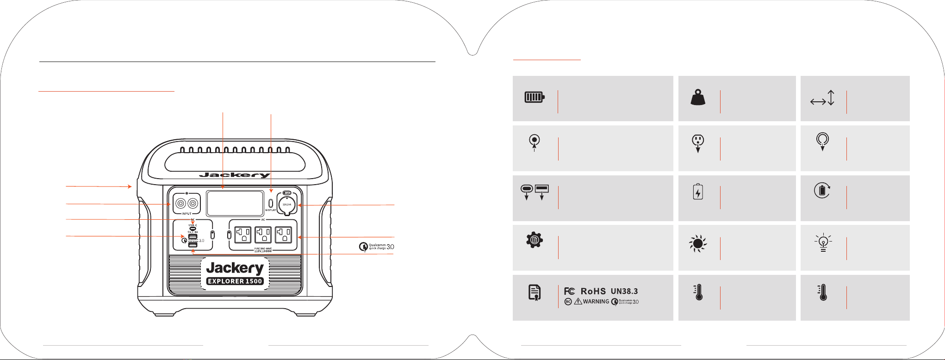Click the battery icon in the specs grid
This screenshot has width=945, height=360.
point(534,97)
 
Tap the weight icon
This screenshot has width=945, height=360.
point(698,97)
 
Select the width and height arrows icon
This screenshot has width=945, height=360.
point(822,98)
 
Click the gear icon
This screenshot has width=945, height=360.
point(535,240)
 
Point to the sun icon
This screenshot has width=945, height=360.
point(698,244)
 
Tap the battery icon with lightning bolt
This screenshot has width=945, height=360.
point(698,192)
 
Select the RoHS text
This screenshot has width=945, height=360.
point(593,291)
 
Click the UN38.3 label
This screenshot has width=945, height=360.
point(624,291)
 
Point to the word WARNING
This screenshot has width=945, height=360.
point(596,302)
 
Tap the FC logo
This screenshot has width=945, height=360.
point(570,291)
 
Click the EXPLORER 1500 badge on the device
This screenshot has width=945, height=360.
point(235,281)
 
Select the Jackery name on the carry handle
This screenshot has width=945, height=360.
point(235,175)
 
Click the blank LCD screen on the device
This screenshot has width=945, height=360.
point(235,204)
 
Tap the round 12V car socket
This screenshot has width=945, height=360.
point(287,205)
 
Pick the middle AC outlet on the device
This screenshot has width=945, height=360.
point(263,235)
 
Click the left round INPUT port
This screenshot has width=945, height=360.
point(179,204)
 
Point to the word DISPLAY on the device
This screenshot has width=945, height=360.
point(271,211)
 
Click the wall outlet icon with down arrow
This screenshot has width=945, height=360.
point(698,143)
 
